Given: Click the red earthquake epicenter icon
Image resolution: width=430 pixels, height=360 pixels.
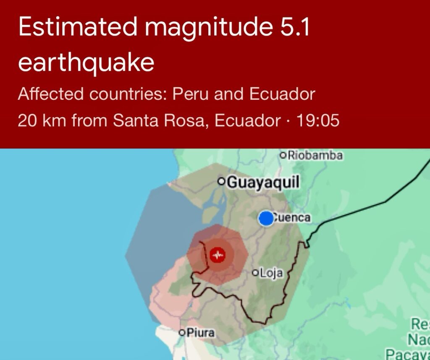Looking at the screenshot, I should [x=218, y=255].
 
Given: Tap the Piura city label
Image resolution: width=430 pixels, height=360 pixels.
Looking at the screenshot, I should [x=200, y=333].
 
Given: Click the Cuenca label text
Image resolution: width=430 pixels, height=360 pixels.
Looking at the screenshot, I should [x=292, y=218].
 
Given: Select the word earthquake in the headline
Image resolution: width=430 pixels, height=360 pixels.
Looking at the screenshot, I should [x=86, y=63].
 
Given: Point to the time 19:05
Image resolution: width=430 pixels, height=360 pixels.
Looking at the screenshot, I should [x=318, y=121].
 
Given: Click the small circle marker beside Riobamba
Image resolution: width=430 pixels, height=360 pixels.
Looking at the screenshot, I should [x=283, y=155].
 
